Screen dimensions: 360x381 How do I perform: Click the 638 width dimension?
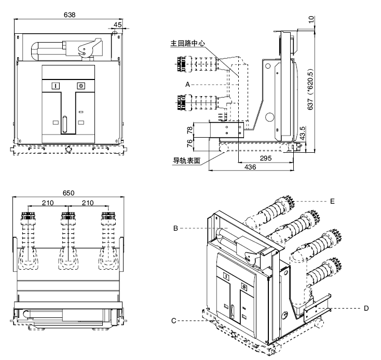pos(70,15)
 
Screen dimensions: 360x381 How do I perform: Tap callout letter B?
pos(176,228)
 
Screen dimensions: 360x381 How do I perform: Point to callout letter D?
pos(366,308)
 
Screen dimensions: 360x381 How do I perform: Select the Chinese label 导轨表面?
pos(186,160)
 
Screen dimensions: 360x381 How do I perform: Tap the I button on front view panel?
pos(56,86)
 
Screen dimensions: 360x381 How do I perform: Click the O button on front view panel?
pos(80,86)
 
